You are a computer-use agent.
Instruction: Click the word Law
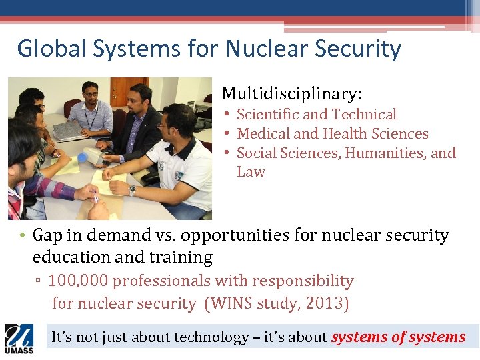tap(251, 172)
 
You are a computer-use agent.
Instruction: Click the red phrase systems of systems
tap(398, 337)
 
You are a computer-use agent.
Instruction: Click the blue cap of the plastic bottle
tap(83, 158)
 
